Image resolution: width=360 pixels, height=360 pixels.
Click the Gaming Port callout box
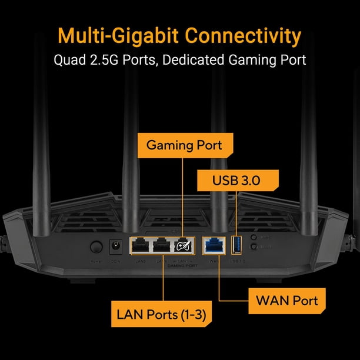coord(184,145)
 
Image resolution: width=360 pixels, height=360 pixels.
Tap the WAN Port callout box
coord(286,301)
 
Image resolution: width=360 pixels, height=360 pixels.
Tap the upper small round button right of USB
coord(253,238)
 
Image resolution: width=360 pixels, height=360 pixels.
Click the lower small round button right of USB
coord(253,248)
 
